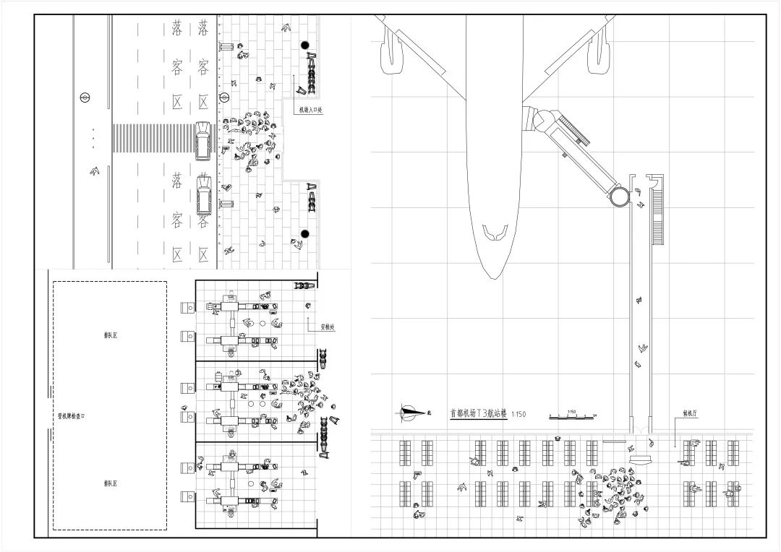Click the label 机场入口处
coord(311,111)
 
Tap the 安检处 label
coord(328,327)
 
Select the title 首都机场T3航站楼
coord(477,414)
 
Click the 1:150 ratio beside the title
coord(518,415)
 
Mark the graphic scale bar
coord(572,416)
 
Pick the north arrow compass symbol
coord(412,413)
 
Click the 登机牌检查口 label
coord(72,416)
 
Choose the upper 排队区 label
coord(111,335)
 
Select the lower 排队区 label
coord(111,483)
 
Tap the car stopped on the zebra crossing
coord(203,140)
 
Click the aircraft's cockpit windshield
coord(495,233)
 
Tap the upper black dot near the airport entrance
coord(305,46)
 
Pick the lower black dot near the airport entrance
coord(304,233)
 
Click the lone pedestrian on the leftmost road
coord(94,171)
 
